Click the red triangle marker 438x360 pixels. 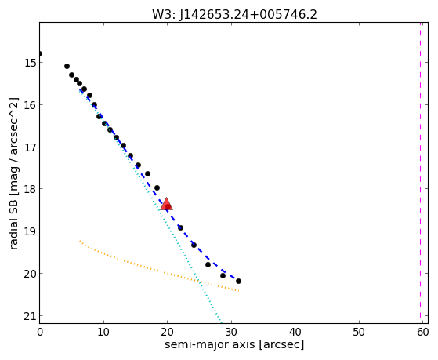[166, 204]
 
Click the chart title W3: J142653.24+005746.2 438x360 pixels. [234, 15]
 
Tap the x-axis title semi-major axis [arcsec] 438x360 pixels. [234, 344]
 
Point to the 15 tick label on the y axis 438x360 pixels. [31, 63]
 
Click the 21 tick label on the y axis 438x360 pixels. [31, 316]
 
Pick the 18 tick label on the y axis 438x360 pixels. [31, 189]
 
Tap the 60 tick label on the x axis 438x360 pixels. [422, 332]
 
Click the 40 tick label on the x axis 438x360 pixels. [295, 332]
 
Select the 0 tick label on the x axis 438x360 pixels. [40, 332]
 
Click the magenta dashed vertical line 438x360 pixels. [420, 173]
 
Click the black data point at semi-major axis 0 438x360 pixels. [40, 53]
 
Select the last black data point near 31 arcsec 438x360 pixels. [238, 281]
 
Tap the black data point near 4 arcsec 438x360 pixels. [67, 67]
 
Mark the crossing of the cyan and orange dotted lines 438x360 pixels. [199, 281]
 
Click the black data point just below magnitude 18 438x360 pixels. [157, 187]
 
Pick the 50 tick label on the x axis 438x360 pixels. [359, 332]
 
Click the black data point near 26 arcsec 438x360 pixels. [208, 264]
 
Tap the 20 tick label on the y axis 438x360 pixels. [31, 274]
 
